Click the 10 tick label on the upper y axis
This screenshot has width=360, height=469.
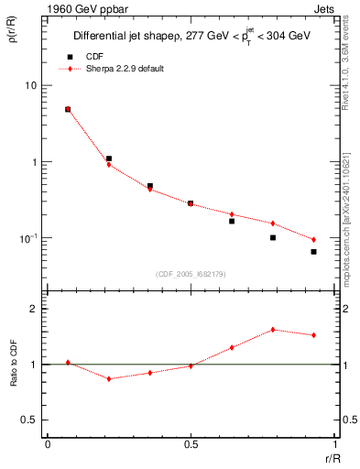click(x=29, y=85)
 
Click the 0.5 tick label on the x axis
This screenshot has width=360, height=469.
click(x=191, y=443)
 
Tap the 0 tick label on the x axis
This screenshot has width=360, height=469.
click(x=48, y=443)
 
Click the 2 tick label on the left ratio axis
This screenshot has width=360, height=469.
click(x=34, y=309)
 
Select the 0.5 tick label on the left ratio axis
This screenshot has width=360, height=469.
click(x=29, y=420)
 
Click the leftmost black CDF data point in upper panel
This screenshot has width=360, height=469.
click(x=68, y=109)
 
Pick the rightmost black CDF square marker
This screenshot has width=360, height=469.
click(x=313, y=252)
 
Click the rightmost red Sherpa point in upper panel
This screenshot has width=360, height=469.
click(x=313, y=240)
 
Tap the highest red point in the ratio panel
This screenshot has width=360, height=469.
click(x=273, y=330)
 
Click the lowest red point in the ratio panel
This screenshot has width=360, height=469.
click(x=109, y=378)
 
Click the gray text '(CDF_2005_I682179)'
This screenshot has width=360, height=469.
click(x=190, y=275)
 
